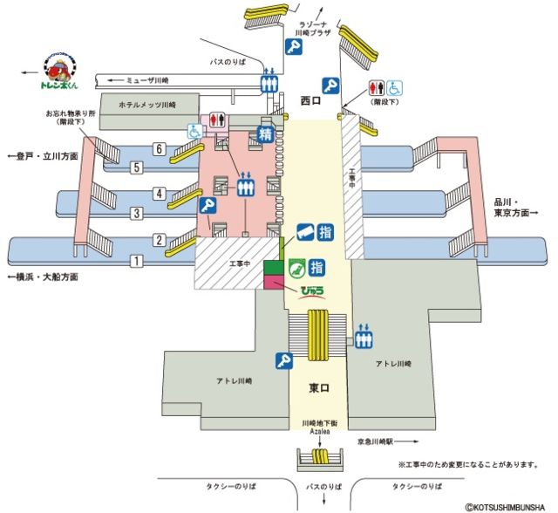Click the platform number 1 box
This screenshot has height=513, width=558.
click(136, 261)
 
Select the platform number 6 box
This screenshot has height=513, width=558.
click(160, 148)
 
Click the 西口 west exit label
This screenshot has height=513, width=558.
click(311, 100)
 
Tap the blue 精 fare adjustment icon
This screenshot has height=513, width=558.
click(264, 135)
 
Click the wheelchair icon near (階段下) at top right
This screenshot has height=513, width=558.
click(394, 89)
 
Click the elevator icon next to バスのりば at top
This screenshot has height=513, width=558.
click(269, 81)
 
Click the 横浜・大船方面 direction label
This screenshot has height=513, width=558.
click(43, 277)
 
